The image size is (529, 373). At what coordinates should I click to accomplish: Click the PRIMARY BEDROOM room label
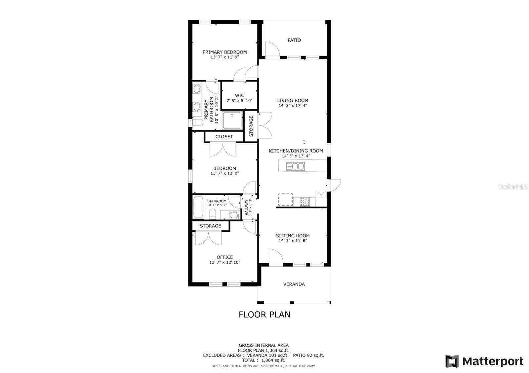(x=224, y=52)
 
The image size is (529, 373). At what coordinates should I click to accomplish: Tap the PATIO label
(x=294, y=40)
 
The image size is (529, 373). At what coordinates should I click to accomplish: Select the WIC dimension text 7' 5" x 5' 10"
(x=239, y=101)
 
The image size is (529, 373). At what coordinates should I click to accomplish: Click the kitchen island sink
(x=295, y=166)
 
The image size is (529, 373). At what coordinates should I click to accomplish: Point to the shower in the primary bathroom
(x=232, y=120)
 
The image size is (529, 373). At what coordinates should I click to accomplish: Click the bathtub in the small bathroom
(x=198, y=207)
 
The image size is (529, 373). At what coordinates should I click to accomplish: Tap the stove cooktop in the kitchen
(x=305, y=201)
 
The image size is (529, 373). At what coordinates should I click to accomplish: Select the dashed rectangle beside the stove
(x=285, y=200)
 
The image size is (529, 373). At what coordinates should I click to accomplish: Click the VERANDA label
(x=294, y=284)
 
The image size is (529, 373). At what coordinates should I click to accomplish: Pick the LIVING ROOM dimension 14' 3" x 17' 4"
(x=293, y=106)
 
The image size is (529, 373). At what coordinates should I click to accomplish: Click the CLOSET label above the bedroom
(x=224, y=136)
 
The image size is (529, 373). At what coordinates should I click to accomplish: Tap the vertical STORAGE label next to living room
(x=251, y=126)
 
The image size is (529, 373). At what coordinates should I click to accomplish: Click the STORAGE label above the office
(x=210, y=226)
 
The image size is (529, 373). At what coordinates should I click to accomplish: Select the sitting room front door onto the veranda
(x=276, y=257)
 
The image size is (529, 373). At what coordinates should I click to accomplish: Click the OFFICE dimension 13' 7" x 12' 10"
(x=224, y=262)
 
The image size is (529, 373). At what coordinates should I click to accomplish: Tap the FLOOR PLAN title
(x=264, y=314)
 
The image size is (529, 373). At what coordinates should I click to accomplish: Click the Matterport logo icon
(x=452, y=361)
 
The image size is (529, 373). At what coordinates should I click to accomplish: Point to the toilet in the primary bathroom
(x=198, y=122)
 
